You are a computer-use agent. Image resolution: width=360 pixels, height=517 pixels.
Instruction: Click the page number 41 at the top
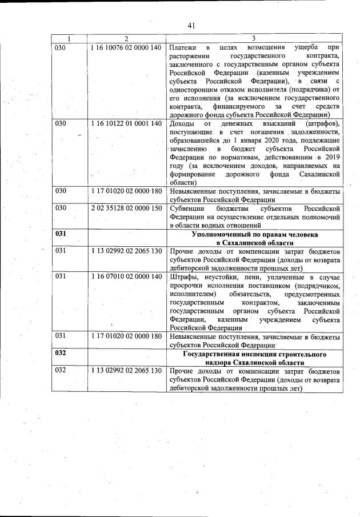191,25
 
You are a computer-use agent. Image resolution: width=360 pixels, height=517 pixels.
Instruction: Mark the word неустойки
220,276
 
